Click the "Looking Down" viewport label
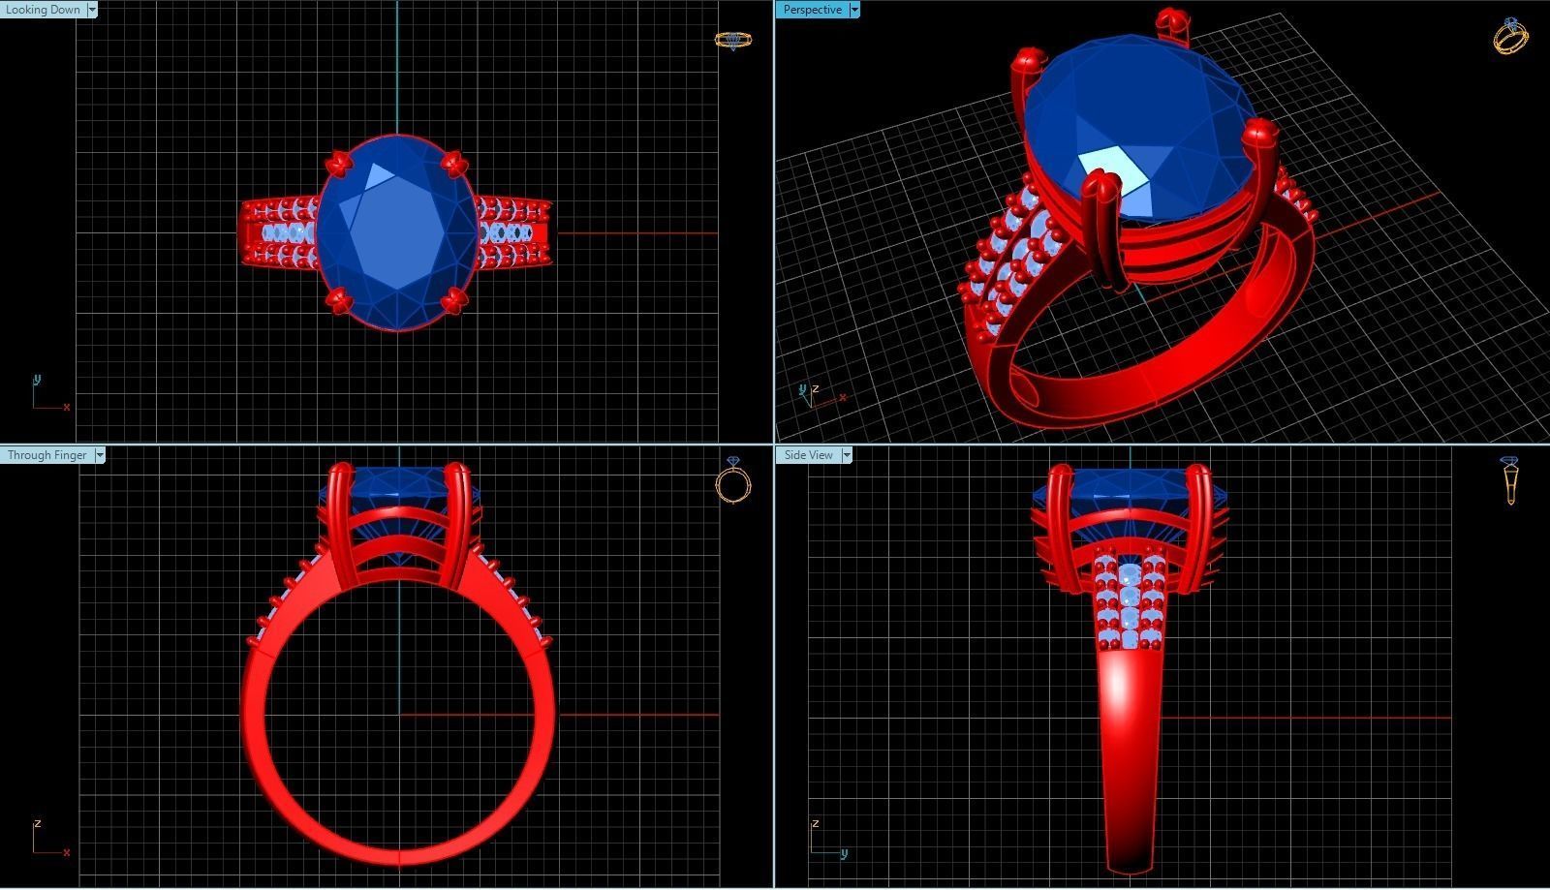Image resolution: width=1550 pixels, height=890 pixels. (43, 10)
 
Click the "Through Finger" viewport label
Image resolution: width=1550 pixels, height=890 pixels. (46, 455)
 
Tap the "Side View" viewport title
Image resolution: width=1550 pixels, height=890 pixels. (808, 455)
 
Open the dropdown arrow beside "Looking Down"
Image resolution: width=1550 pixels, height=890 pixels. (92, 10)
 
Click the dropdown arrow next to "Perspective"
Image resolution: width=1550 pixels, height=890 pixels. (853, 10)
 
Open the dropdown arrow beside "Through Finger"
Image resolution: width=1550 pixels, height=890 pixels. (100, 455)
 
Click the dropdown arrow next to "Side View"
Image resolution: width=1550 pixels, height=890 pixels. (846, 455)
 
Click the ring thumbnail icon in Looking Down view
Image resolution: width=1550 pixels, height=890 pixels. (732, 40)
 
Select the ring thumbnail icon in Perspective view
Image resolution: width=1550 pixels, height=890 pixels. (1510, 36)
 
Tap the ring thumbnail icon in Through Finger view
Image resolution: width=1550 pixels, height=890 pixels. (733, 480)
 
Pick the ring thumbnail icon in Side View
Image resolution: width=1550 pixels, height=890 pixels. (1509, 480)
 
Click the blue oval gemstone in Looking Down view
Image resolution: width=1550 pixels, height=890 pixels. (397, 232)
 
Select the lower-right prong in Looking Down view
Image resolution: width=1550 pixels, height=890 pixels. (452, 302)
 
